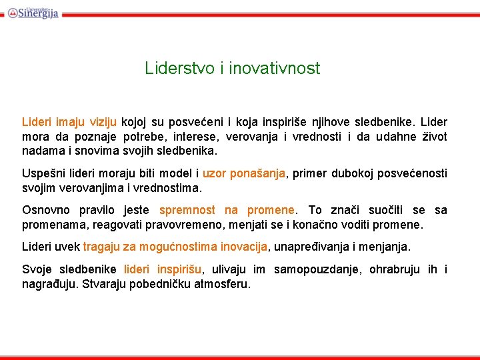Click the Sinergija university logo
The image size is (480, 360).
[33, 11]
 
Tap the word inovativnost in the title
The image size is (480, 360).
[274, 68]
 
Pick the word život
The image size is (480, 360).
[433, 137]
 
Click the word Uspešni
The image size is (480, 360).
[42, 173]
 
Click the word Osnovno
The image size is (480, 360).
[45, 210]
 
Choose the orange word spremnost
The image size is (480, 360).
[187, 210]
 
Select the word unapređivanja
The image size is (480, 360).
[309, 247]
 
